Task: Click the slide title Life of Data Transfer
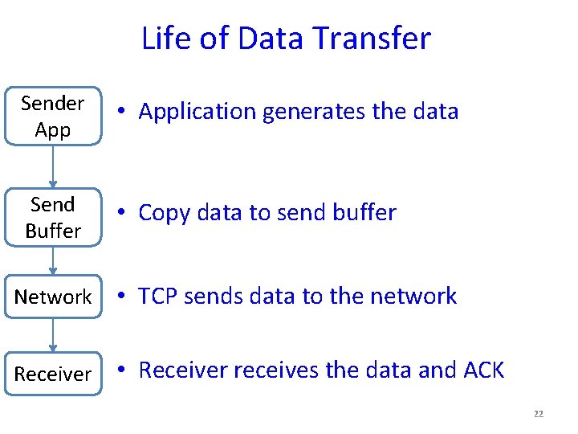(x=286, y=39)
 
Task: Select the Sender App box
(x=53, y=117)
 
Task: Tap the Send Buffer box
(x=53, y=218)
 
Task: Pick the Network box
(x=53, y=297)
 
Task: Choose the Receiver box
(x=53, y=375)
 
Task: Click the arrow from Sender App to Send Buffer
(x=53, y=167)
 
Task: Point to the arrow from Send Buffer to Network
(x=53, y=261)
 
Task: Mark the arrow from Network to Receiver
(x=53, y=336)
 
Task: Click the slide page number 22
(x=538, y=414)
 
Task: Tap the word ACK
(x=484, y=371)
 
